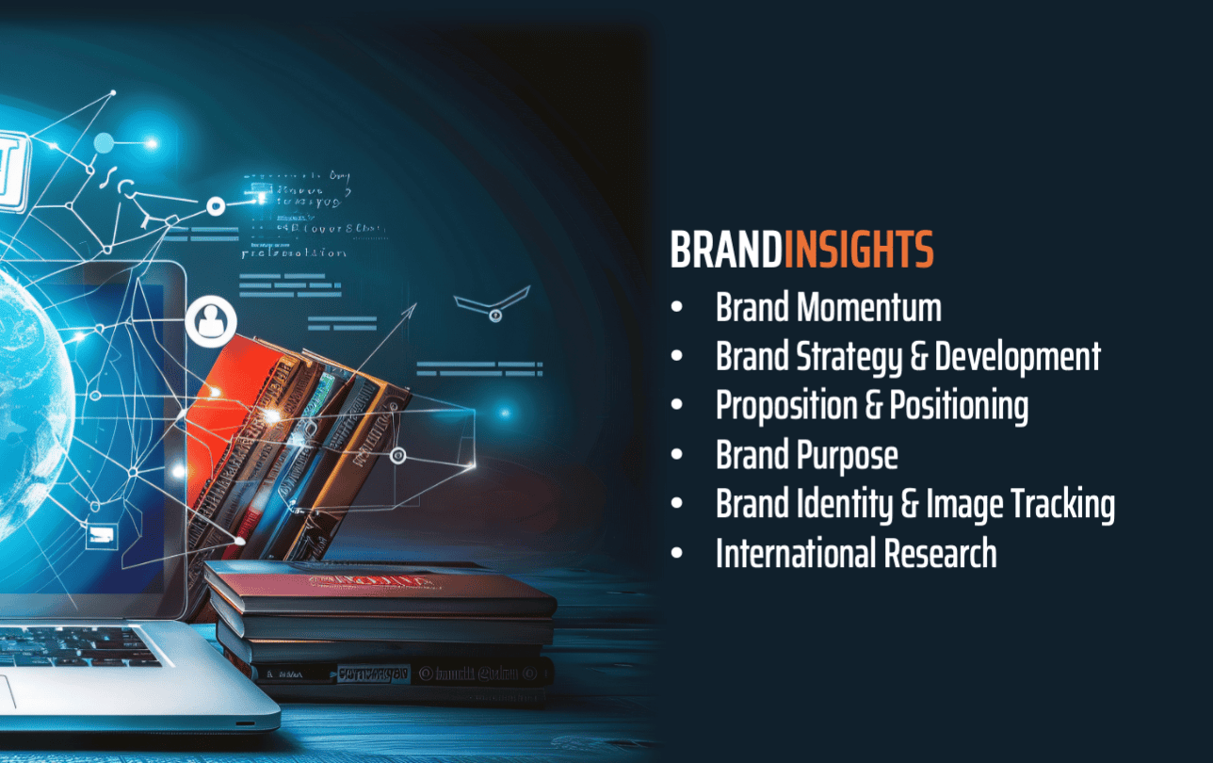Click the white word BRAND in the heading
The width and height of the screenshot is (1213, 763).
(726, 252)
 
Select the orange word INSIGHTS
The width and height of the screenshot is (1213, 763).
(858, 252)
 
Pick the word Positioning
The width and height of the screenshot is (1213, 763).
(959, 406)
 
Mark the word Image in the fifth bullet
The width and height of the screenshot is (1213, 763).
(964, 505)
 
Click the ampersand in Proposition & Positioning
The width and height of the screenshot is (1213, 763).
(875, 406)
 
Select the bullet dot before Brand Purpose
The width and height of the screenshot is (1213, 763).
(677, 456)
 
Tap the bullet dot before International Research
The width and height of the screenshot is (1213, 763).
(677, 554)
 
